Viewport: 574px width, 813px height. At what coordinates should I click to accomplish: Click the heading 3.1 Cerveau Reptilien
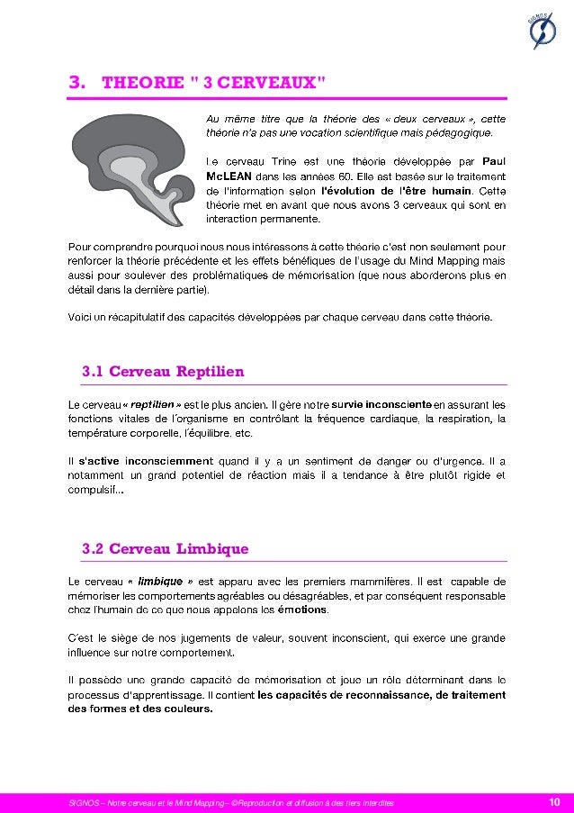point(163,372)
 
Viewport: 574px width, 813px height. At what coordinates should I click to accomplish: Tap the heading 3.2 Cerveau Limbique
point(165,548)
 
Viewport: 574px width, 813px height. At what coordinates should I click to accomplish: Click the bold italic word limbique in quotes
point(163,581)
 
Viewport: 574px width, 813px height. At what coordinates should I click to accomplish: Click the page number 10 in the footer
point(554,802)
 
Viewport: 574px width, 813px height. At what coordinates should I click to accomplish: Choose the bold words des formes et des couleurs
point(140,709)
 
